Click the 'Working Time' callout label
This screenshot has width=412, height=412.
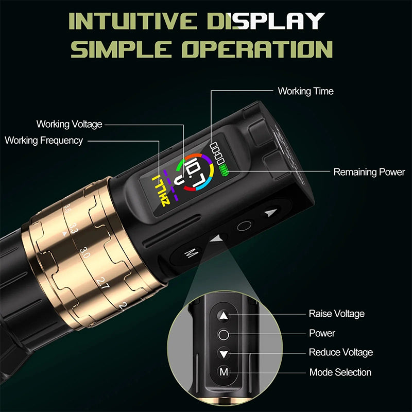306,91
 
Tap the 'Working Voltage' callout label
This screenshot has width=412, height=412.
69,124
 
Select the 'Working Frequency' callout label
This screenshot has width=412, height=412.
44,141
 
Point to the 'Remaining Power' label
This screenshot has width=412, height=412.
369,172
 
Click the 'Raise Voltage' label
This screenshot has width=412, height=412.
336,314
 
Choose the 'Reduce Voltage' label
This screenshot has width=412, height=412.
340,352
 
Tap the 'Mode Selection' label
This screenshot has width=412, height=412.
340,372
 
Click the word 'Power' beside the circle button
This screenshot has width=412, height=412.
322,333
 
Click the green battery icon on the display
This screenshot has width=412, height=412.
225,168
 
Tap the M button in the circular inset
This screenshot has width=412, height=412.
224,372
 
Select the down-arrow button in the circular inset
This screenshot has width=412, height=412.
224,353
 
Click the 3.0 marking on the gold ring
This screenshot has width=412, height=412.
84,252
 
